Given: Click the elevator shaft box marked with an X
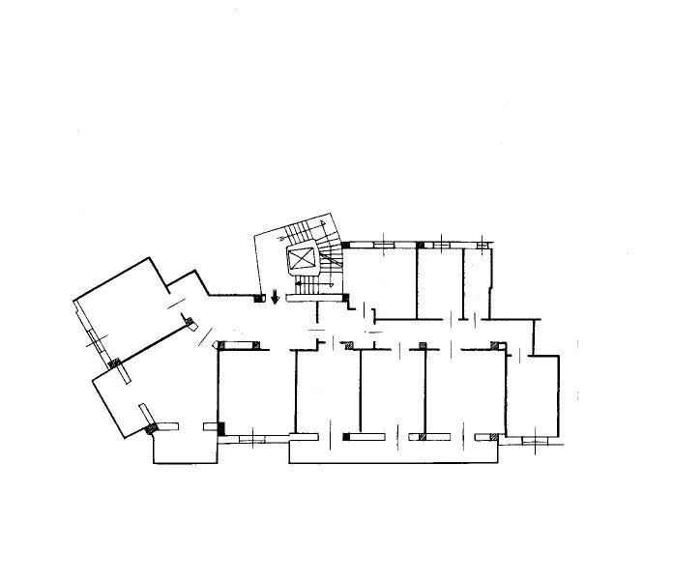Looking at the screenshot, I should coord(302,258).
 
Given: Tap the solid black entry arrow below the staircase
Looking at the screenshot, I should coord(277,297).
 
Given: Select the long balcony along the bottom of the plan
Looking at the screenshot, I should coord(396,452).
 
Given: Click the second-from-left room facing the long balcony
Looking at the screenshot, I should coord(326,392).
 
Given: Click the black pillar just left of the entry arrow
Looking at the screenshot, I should coord(258,298).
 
